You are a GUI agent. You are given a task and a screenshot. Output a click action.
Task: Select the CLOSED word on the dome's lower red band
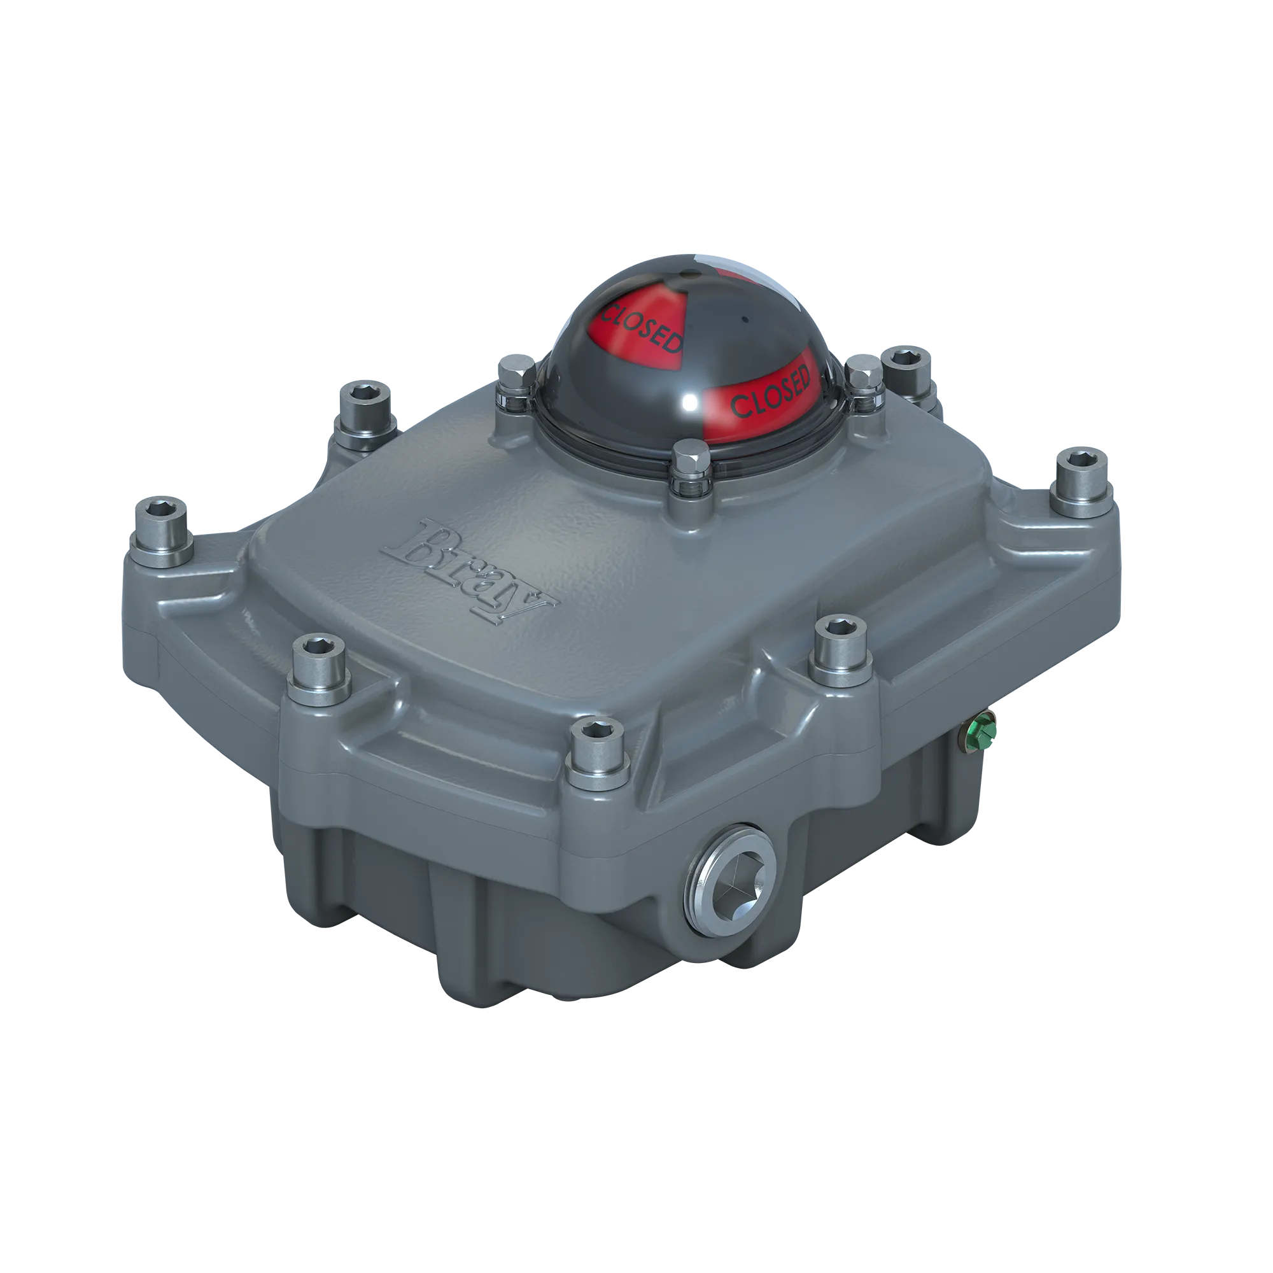tap(770, 393)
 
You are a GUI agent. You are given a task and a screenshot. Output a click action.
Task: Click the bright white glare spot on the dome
tap(691, 401)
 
